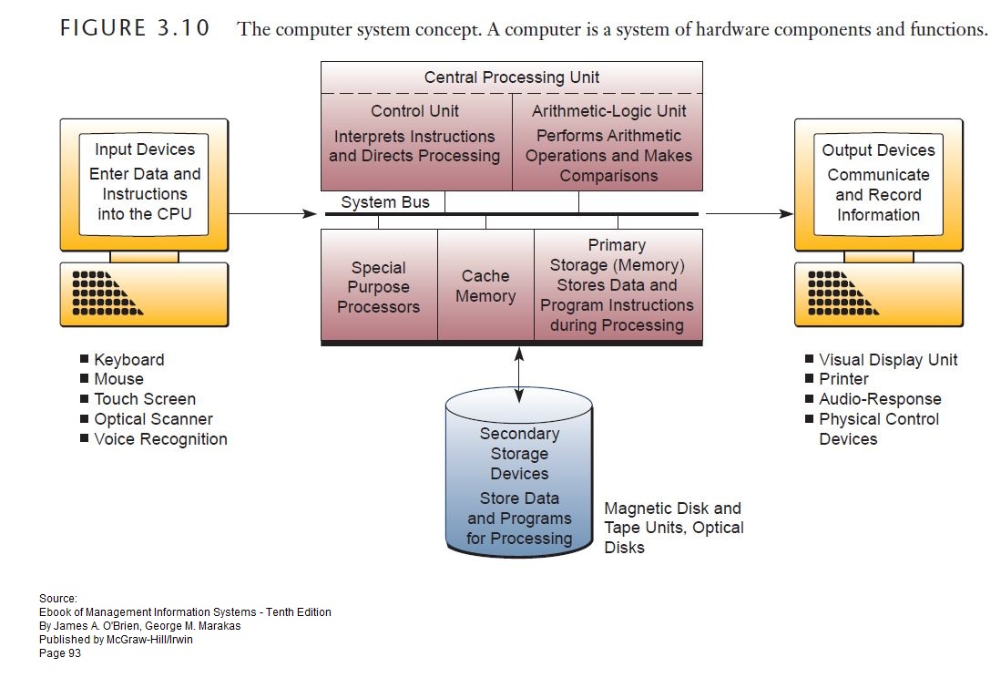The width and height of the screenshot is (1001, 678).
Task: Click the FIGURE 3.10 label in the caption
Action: tap(135, 28)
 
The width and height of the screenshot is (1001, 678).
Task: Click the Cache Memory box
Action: tap(485, 286)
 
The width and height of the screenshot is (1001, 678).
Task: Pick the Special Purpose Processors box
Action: tap(379, 286)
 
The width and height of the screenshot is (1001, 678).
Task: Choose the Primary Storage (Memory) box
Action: tap(617, 286)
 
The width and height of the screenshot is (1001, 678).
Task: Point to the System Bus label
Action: tap(384, 202)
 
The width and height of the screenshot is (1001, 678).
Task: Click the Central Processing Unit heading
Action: tap(511, 77)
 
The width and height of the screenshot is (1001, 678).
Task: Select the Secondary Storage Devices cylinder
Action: tap(519, 483)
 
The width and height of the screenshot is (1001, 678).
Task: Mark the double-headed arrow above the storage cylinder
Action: tap(519, 374)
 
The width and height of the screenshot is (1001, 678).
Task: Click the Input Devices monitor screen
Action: tap(145, 182)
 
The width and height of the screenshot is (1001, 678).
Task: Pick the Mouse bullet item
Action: tap(118, 379)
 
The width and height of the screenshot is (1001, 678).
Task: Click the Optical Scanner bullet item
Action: tap(152, 419)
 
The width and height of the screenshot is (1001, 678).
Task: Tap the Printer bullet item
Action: tap(843, 379)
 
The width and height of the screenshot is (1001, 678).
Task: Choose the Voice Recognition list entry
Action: tap(160, 439)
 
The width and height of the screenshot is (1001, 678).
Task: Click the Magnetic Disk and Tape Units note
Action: tap(673, 528)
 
